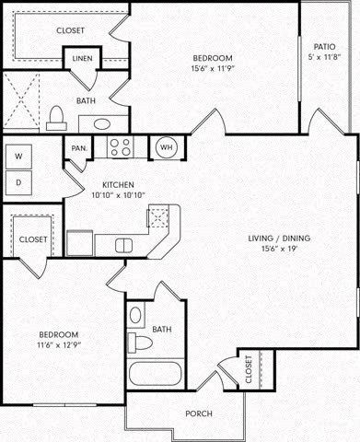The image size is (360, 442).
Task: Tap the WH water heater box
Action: pyautogui.click(x=167, y=146)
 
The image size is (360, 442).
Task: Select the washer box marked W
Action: pyautogui.click(x=18, y=157)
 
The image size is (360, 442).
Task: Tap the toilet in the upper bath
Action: pyautogui.click(x=56, y=115)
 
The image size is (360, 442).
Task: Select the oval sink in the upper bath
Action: pyautogui.click(x=99, y=122)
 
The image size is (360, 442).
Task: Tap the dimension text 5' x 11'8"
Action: pyautogui.click(x=323, y=57)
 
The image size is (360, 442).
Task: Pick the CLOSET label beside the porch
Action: pyautogui.click(x=249, y=370)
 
